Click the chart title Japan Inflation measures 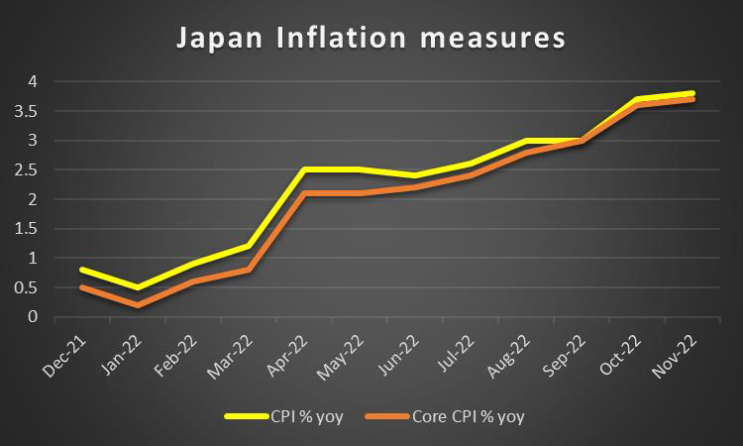point(371,39)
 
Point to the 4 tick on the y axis point(33,81)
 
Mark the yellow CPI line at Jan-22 point(138,287)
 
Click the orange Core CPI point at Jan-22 point(138,305)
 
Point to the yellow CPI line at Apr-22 point(303,169)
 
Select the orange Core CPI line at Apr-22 point(303,193)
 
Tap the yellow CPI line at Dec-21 point(82,270)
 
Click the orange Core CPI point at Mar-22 point(248,270)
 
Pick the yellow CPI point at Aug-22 point(525,141)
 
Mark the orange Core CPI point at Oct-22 point(636,105)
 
